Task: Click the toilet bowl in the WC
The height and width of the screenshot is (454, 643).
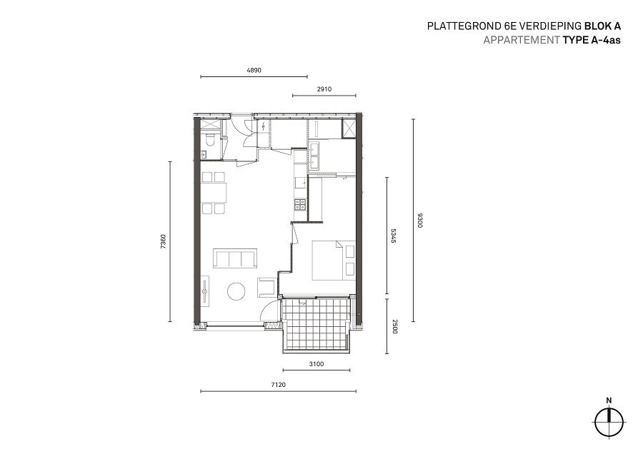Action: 209,140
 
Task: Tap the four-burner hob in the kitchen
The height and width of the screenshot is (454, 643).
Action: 301,204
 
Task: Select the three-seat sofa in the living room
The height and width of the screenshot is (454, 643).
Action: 235,258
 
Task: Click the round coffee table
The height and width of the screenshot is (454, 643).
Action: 236,291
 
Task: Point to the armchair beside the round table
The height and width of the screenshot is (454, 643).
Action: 266,287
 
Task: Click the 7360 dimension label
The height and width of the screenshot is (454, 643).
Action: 164,242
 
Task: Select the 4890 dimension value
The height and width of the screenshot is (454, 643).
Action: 254,70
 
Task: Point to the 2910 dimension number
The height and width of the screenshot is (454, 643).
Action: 324,89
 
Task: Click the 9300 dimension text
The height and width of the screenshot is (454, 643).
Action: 419,221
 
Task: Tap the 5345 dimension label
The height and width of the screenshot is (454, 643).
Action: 393,236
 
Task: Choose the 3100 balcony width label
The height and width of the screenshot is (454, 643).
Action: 316,364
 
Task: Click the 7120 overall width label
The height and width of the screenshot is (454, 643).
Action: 278,385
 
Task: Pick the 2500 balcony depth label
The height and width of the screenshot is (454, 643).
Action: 395,326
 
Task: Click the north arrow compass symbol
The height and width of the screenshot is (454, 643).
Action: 609,422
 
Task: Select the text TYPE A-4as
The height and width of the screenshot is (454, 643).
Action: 592,40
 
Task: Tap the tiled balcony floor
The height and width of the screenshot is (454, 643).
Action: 316,326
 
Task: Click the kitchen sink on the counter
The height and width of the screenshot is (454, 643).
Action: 301,182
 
